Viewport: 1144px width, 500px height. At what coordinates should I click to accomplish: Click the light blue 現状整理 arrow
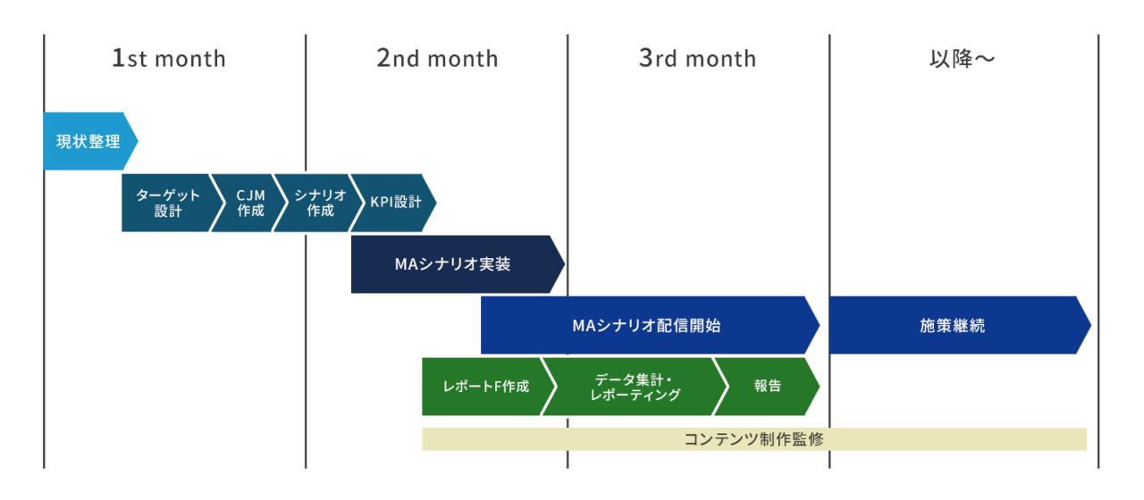(x=88, y=141)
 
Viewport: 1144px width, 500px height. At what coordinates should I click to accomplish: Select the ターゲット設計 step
(x=167, y=203)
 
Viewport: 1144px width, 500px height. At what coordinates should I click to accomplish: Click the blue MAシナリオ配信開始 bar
(x=645, y=326)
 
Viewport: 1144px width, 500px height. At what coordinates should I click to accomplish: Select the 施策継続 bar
(x=952, y=326)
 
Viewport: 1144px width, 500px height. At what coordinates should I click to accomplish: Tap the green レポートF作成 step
(x=485, y=387)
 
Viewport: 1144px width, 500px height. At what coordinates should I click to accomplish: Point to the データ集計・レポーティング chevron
(x=635, y=387)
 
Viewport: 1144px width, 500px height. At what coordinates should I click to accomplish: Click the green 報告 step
(x=767, y=387)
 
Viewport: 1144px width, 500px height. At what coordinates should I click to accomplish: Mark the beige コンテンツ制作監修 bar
(x=753, y=439)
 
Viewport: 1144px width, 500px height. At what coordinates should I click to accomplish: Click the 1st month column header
(x=169, y=59)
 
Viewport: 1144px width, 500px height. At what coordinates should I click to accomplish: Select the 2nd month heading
(x=437, y=59)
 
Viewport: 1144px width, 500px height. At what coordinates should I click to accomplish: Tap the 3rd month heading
(x=697, y=59)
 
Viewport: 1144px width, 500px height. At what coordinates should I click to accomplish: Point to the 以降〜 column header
(x=962, y=59)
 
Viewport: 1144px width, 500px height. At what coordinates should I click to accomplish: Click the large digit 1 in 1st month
(x=118, y=59)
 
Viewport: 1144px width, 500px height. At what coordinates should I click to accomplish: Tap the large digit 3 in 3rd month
(x=646, y=59)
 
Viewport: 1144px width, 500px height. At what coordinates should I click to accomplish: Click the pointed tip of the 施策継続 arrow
(x=1088, y=325)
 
